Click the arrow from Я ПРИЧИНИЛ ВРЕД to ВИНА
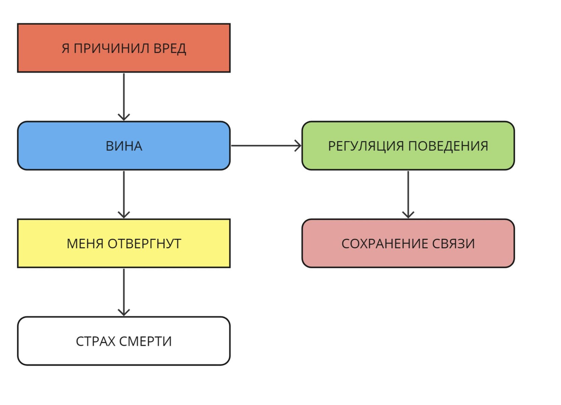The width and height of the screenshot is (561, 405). click(x=124, y=96)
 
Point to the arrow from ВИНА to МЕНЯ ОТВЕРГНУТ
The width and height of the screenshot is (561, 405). click(x=124, y=194)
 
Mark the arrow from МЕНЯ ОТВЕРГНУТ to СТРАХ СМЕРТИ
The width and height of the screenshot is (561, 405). click(x=124, y=292)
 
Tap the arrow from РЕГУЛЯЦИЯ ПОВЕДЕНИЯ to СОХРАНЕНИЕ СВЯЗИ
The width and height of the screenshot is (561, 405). click(x=408, y=194)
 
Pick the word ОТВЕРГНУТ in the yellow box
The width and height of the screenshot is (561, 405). click(x=144, y=244)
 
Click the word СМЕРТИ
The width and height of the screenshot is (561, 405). click(x=145, y=341)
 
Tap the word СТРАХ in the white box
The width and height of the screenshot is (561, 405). click(x=95, y=341)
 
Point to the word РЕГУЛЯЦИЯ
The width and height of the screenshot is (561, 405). click(x=366, y=146)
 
